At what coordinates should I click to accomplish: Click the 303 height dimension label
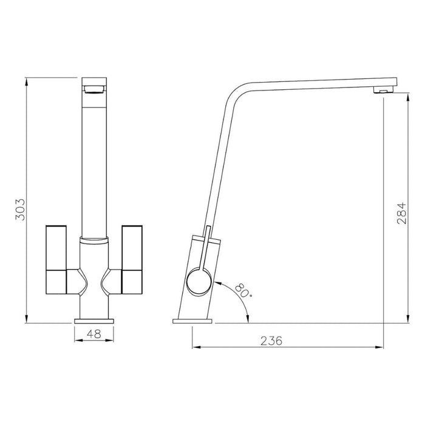tap(19, 209)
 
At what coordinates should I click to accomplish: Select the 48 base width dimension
tap(93, 334)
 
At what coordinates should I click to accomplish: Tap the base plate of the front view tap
tap(93, 319)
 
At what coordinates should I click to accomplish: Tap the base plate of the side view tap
tap(194, 320)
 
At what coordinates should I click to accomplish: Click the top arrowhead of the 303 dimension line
tap(27, 82)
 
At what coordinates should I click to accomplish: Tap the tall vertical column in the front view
tap(93, 164)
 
